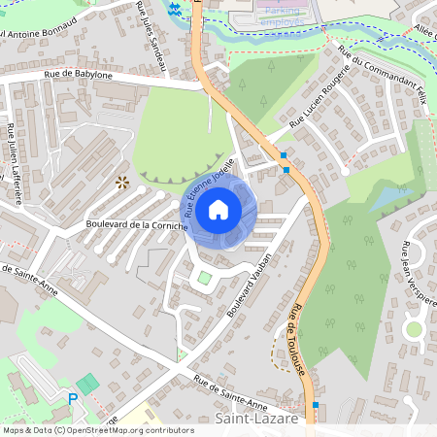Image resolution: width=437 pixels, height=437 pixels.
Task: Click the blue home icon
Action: click(x=218, y=210)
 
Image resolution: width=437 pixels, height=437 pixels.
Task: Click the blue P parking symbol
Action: click(x=72, y=398)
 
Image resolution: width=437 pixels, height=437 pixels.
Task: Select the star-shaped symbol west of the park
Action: click(x=122, y=181)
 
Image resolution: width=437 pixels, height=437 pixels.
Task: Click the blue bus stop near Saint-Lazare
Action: click(x=315, y=406)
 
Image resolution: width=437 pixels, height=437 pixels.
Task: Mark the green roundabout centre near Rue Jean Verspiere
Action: click(x=414, y=328)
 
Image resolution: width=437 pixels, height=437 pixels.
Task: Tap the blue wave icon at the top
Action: click(x=175, y=9)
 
